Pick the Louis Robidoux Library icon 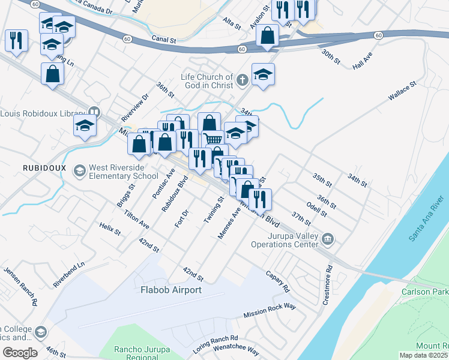(94, 112)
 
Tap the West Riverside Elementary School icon (79, 172)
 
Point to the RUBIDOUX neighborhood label (43, 167)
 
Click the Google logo (19, 353)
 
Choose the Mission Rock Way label (270, 310)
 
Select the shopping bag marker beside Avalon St (267, 35)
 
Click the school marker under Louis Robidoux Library (85, 126)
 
